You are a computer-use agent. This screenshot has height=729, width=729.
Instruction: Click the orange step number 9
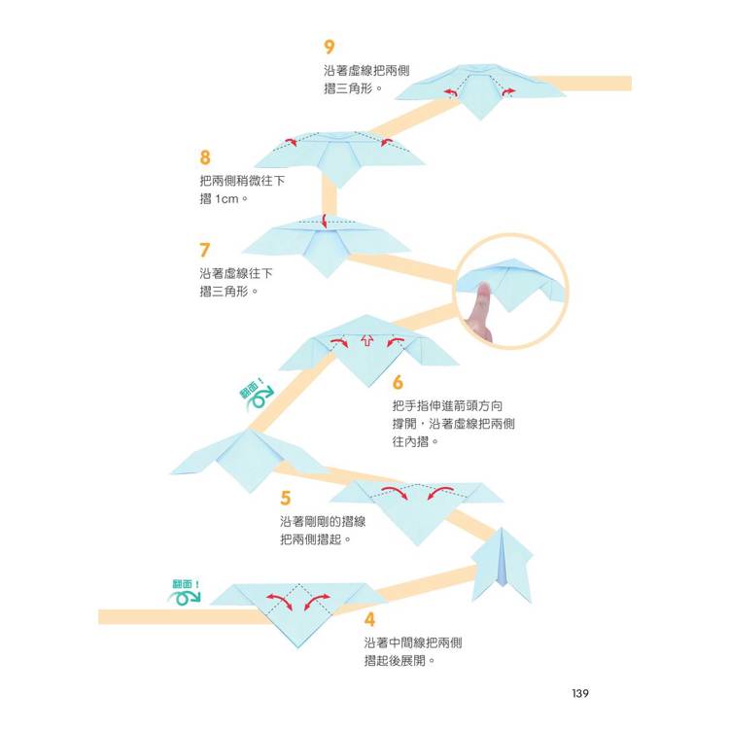[330, 47]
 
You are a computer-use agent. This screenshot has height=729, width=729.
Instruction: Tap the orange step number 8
[205, 157]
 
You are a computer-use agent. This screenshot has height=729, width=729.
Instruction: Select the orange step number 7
[204, 250]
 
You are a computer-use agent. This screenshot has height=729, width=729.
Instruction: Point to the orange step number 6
[398, 382]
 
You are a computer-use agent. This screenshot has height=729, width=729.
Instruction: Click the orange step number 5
[286, 498]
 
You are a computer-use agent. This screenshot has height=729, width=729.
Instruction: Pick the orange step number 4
[369, 619]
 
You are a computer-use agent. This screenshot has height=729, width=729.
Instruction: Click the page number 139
[580, 693]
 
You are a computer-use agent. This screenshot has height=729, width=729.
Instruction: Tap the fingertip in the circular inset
[484, 291]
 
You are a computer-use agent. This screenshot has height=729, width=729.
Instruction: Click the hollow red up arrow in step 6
[367, 341]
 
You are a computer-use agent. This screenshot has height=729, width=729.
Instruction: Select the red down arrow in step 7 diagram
[325, 222]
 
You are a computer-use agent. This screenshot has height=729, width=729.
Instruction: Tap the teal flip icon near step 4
[185, 593]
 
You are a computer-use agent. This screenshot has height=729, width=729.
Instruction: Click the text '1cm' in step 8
[226, 199]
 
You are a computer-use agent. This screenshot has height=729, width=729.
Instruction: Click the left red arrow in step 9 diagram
[450, 93]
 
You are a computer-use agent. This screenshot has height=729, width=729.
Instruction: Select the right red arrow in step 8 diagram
[386, 141]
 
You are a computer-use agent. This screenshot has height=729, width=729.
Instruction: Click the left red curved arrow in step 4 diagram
[279, 601]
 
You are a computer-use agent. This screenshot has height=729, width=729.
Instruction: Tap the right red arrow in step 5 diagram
[440, 493]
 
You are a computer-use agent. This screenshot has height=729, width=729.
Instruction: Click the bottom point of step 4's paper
[297, 647]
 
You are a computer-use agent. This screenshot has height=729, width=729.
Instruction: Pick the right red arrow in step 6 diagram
[396, 342]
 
